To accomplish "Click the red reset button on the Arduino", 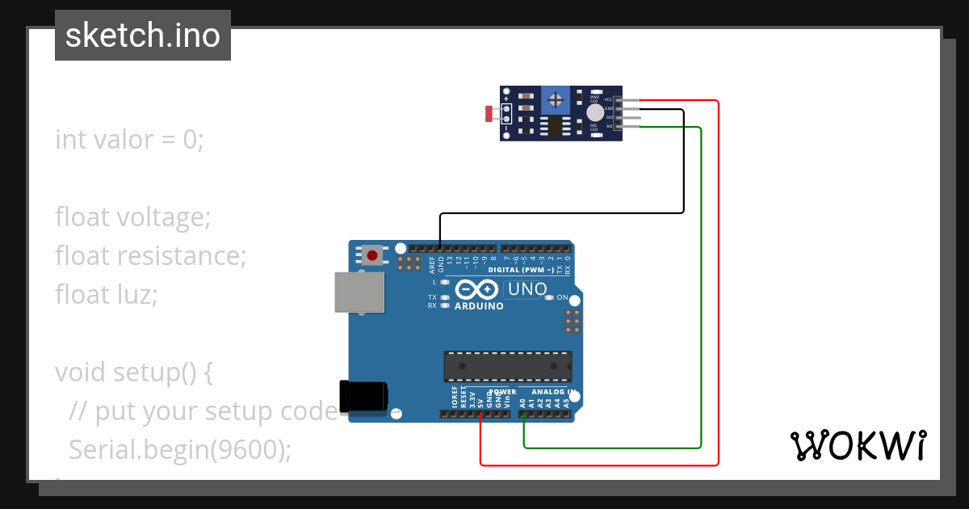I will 371,255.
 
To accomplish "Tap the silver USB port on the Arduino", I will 360,292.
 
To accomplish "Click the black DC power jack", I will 363,396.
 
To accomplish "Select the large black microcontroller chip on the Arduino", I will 507,366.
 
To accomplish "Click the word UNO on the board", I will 528,289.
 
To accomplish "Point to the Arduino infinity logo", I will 477,289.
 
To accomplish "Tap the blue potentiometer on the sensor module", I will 555,99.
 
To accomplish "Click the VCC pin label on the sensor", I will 608,99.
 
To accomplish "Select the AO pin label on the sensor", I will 609,126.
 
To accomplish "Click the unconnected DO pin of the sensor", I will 630,118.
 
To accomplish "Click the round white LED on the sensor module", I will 595,113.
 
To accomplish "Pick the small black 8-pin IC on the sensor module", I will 555,126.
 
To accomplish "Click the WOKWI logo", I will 858,445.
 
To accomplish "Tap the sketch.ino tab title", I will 143,36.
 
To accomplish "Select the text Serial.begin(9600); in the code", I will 179,449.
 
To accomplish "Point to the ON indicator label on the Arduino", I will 563,297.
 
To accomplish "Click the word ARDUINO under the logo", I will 479,306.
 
